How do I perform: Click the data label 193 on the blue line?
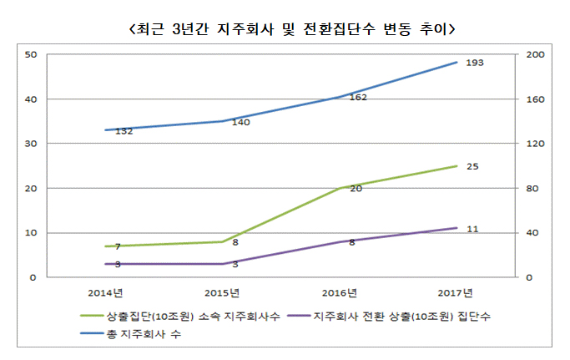click(x=474, y=63)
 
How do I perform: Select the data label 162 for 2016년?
click(x=359, y=98)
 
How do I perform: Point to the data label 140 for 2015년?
click(x=241, y=122)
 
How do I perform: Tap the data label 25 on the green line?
click(x=472, y=167)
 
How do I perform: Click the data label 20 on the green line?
click(x=356, y=189)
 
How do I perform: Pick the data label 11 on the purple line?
click(x=472, y=228)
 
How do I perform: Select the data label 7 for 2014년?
click(x=118, y=246)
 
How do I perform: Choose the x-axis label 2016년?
click(x=340, y=292)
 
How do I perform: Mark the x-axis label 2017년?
click(x=457, y=292)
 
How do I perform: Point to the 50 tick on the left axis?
click(x=31, y=55)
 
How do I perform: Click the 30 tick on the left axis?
click(x=31, y=144)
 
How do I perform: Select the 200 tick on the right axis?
click(x=534, y=55)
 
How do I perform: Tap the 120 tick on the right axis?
click(x=534, y=144)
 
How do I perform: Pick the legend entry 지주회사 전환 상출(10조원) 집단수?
click(x=393, y=317)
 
